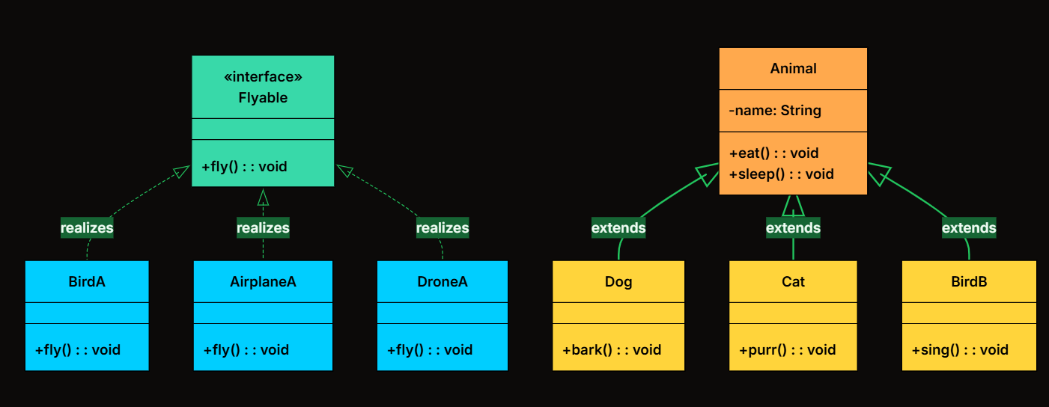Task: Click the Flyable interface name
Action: pyautogui.click(x=263, y=98)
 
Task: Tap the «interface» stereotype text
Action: pyautogui.click(x=263, y=76)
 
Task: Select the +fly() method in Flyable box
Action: pyautogui.click(x=244, y=167)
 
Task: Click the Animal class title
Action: pyautogui.click(x=794, y=68)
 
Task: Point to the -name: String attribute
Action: pyautogui.click(x=775, y=111)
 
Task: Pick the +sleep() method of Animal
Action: pyautogui.click(x=781, y=174)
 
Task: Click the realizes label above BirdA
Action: pyautogui.click(x=87, y=228)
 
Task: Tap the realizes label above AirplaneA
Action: pyautogui.click(x=264, y=228)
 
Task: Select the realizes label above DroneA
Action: pyautogui.click(x=443, y=228)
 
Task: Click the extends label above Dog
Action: pyautogui.click(x=618, y=228)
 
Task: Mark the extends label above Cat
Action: pyautogui.click(x=794, y=228)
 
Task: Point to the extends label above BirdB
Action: pyautogui.click(x=969, y=228)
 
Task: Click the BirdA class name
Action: pyautogui.click(x=87, y=281)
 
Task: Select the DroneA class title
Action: pyautogui.click(x=443, y=281)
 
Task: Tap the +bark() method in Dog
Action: pyautogui.click(x=612, y=350)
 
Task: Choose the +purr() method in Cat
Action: pyautogui.click(x=787, y=350)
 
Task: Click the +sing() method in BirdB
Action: pyautogui.click(x=960, y=350)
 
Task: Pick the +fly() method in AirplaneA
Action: pyautogui.click(x=246, y=350)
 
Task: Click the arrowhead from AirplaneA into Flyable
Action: pyautogui.click(x=264, y=198)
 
